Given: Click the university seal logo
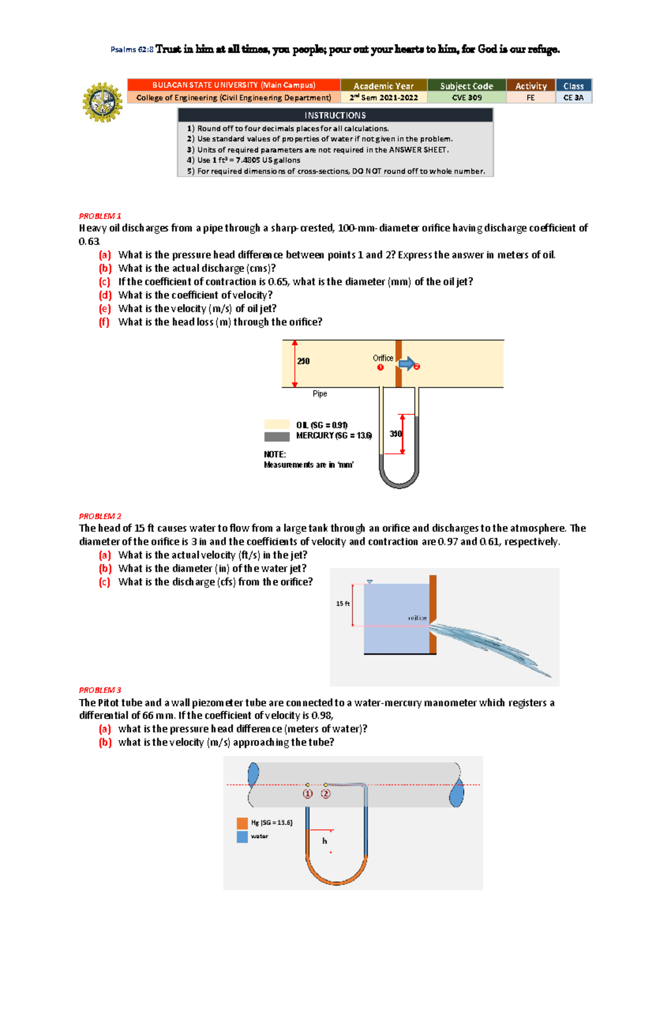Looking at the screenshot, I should (102, 102).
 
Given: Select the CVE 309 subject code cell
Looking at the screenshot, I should (466, 98).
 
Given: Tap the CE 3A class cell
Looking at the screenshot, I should (573, 98).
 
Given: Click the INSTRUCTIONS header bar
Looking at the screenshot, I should (335, 115).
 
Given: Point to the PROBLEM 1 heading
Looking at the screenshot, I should (100, 216).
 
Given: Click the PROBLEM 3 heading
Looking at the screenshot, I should (100, 690).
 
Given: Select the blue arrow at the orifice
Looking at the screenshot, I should (407, 364).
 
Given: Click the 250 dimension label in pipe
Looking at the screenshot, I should (303, 362).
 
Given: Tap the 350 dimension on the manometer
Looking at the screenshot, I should (395, 434).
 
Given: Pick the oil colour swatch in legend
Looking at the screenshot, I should (277, 425).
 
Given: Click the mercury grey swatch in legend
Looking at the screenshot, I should (277, 436).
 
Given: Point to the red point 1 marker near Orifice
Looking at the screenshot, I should (380, 368).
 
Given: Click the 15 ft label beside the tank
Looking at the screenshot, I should (342, 604).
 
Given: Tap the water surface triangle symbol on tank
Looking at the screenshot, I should (370, 582).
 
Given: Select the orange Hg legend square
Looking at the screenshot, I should (242, 823).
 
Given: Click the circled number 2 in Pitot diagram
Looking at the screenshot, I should (325, 794).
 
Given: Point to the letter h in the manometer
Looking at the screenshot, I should (324, 841).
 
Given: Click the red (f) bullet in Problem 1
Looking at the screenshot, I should (104, 322).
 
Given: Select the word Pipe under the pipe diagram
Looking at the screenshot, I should (320, 394).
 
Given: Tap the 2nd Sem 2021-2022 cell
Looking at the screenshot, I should (384, 98).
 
